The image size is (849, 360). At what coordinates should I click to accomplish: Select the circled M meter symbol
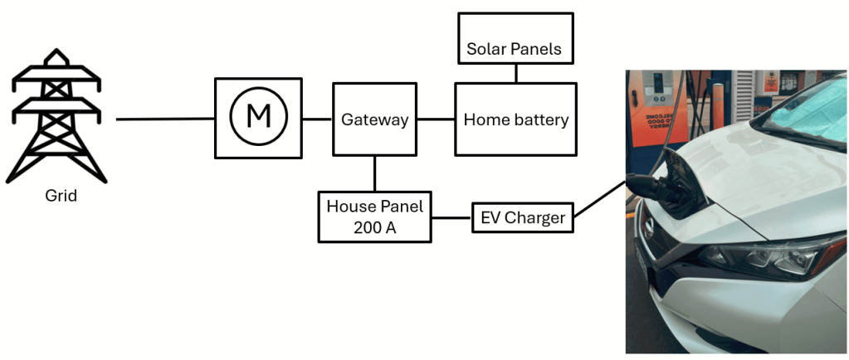coord(258,118)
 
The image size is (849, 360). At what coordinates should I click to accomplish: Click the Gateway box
coord(374,119)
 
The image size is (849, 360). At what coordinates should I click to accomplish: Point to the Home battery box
coord(515,119)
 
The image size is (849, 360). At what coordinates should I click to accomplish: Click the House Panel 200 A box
coord(374,216)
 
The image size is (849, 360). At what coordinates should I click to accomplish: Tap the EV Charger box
coord(523,218)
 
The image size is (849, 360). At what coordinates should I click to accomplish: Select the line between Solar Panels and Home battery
coord(515,73)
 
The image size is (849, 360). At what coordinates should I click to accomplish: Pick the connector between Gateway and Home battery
coord(436,119)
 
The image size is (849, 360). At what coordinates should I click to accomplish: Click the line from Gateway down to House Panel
coord(375,173)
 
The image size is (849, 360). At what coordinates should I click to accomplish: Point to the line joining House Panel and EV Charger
coord(451,218)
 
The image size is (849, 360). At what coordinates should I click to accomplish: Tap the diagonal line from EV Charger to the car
coord(599,200)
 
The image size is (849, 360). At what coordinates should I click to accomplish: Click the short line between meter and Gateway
coord(317,119)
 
